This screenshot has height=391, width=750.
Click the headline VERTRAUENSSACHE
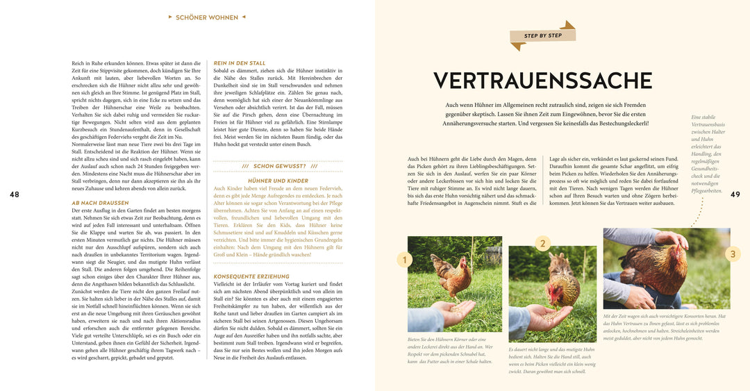tap(542, 81)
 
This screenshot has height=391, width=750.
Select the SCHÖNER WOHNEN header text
tap(207, 17)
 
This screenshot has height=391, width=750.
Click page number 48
tap(14, 194)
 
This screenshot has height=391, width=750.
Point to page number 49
tap(736, 194)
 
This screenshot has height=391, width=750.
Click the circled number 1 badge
tap(404, 260)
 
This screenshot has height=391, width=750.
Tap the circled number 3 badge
tap(733, 254)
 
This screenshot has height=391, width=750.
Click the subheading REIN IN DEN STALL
tap(240, 63)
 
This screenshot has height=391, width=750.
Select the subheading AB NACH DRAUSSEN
tap(100, 203)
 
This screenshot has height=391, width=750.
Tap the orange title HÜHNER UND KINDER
tap(278, 181)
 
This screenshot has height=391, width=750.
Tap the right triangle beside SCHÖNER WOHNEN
tap(243, 17)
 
